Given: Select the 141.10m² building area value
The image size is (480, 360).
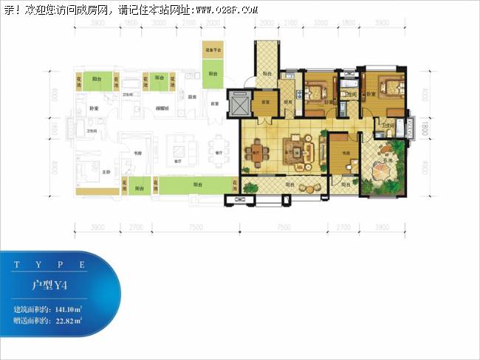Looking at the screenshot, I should (x=68, y=308).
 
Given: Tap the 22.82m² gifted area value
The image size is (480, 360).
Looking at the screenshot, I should (x=68, y=321).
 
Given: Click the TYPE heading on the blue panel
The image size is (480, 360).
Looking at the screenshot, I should (x=51, y=263).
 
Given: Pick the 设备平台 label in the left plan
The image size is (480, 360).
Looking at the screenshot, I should (x=213, y=50).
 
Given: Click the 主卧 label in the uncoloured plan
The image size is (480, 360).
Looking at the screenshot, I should (x=106, y=172).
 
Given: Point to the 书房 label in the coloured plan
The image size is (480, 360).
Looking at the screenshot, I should (x=340, y=154).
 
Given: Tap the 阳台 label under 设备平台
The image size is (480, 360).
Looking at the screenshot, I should (x=213, y=74).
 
